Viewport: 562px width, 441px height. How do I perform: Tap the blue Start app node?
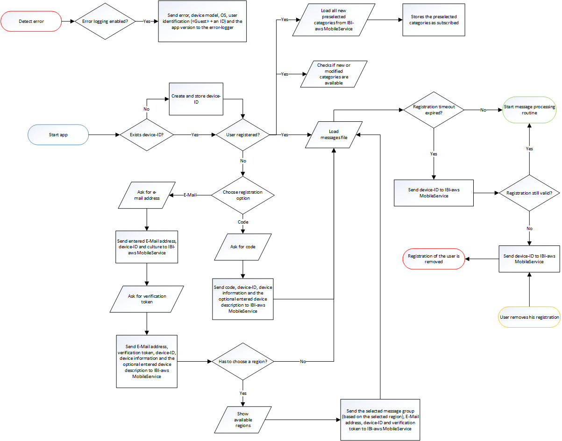pyautogui.click(x=58, y=135)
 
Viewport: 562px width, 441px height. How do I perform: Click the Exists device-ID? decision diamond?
pyautogui.click(x=147, y=135)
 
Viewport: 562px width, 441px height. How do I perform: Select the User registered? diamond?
pyautogui.click(x=243, y=135)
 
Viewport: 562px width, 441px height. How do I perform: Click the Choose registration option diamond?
pyautogui.click(x=243, y=195)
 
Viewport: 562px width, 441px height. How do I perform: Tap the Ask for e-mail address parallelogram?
pyautogui.click(x=147, y=195)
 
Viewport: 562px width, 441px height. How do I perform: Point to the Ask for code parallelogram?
pyautogui.click(x=243, y=246)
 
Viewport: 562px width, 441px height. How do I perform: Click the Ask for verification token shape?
pyautogui.click(x=147, y=299)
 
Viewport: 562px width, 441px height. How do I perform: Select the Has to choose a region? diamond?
pyautogui.click(x=243, y=362)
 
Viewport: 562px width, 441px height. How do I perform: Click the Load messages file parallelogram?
pyautogui.click(x=334, y=135)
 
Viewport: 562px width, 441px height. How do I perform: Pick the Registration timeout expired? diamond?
pyautogui.click(x=434, y=110)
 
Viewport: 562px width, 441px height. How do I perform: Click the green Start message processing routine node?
pyautogui.click(x=529, y=110)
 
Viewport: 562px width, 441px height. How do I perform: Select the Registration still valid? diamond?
pyautogui.click(x=529, y=193)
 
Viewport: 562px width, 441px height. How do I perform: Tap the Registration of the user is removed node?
pyautogui.click(x=434, y=259)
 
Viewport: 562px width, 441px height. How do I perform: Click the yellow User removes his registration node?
pyautogui.click(x=529, y=317)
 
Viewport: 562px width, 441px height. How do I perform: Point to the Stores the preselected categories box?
pyautogui.click(x=434, y=20)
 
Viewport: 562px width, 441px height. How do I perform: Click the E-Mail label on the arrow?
pyautogui.click(x=189, y=195)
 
